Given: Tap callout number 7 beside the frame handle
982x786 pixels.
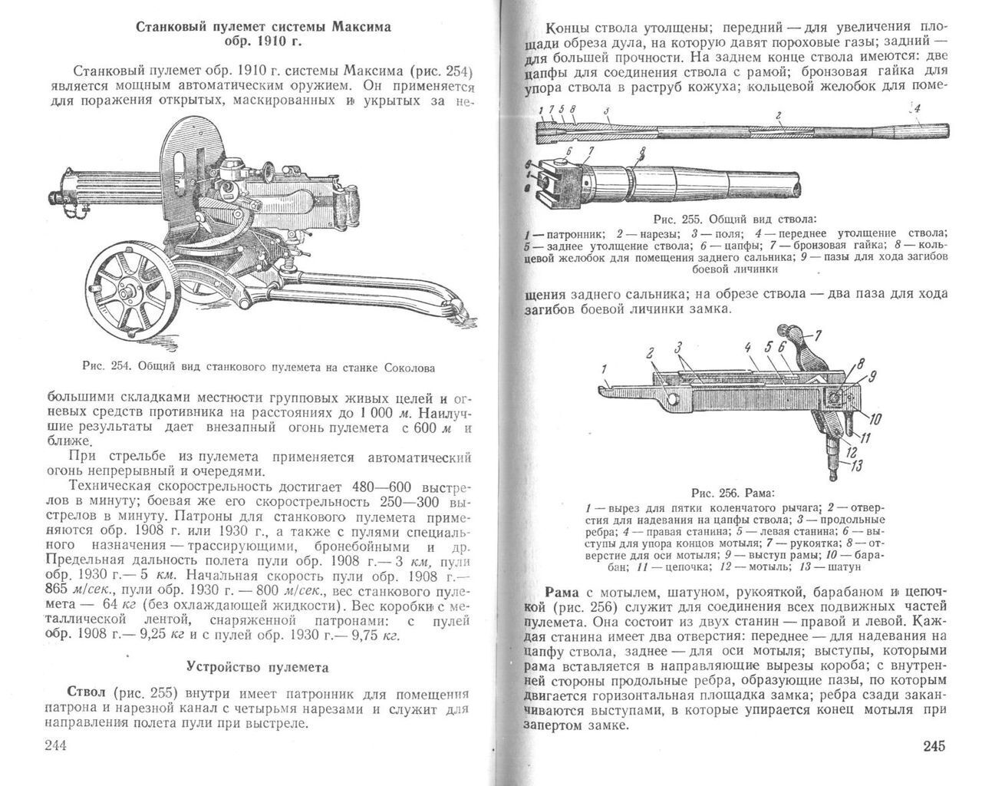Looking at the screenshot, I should (818, 335).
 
